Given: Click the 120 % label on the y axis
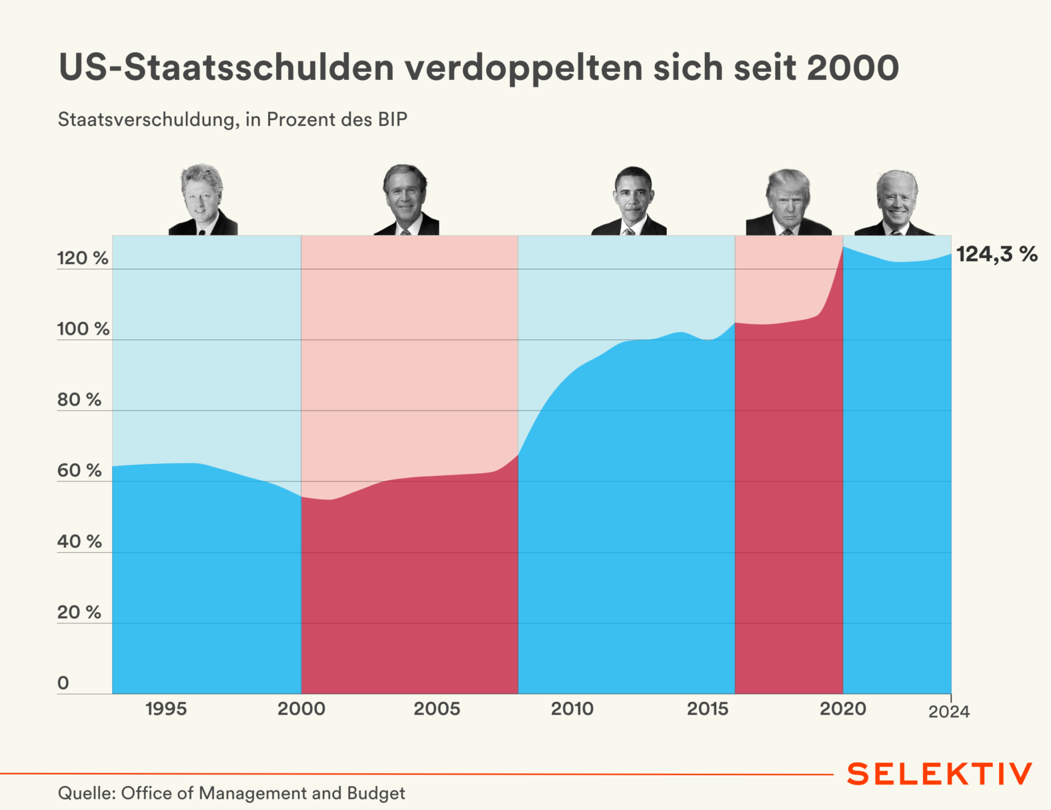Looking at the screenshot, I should click(82, 258).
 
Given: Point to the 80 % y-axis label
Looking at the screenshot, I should click(79, 399).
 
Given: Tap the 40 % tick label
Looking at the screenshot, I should click(79, 541).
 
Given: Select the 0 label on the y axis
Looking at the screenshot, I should click(63, 683).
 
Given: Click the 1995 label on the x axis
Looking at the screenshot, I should click(166, 709).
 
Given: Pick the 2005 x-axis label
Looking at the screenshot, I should click(437, 709).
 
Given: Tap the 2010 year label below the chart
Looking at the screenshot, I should click(572, 709).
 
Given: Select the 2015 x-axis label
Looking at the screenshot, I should click(708, 709).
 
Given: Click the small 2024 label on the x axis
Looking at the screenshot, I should click(949, 712).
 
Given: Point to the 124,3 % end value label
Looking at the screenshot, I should click(997, 254).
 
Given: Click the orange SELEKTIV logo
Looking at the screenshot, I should click(940, 774).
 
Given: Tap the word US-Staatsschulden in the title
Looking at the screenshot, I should click(226, 68).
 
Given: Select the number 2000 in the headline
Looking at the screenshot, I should click(852, 68).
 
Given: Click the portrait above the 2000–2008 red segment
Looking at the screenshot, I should click(405, 200).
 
